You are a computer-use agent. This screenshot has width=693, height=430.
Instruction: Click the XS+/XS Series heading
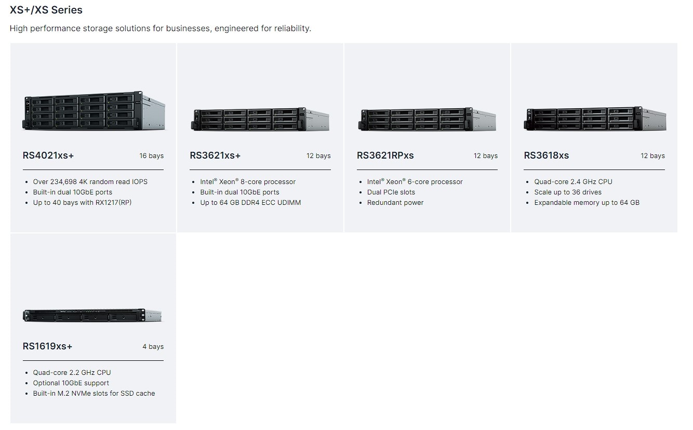coord(46,10)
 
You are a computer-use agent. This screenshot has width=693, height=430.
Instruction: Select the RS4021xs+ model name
coord(45,155)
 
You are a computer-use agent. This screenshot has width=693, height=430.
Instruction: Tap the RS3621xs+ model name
coord(215,155)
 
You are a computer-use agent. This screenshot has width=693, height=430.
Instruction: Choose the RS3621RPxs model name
coord(385,155)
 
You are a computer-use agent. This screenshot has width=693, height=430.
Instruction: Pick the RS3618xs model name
coord(546,155)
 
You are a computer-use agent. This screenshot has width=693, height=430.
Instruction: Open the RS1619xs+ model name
coord(47,346)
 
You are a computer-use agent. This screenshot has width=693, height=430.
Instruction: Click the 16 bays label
coord(151,156)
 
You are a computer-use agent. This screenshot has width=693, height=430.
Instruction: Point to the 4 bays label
coord(153,347)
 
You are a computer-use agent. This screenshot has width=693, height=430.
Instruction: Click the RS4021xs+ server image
coord(94,110)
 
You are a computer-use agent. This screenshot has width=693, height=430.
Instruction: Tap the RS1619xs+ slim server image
coord(92,315)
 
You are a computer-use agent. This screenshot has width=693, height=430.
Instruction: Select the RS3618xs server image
coord(594,119)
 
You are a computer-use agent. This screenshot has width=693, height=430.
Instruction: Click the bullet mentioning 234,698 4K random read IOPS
coord(90,182)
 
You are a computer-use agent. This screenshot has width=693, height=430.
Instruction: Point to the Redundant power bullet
coord(395,203)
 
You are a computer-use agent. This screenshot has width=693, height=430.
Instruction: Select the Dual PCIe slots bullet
coord(391,192)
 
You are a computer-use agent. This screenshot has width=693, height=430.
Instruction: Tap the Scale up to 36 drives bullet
coord(567,192)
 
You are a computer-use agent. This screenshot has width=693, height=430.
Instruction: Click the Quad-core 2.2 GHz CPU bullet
coord(72,373)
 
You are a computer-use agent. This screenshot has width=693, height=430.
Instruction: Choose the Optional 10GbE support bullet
coord(71,383)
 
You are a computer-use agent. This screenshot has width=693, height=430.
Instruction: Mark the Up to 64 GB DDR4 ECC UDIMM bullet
coord(250,203)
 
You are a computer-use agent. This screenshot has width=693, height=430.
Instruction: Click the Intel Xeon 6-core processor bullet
coord(415,182)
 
